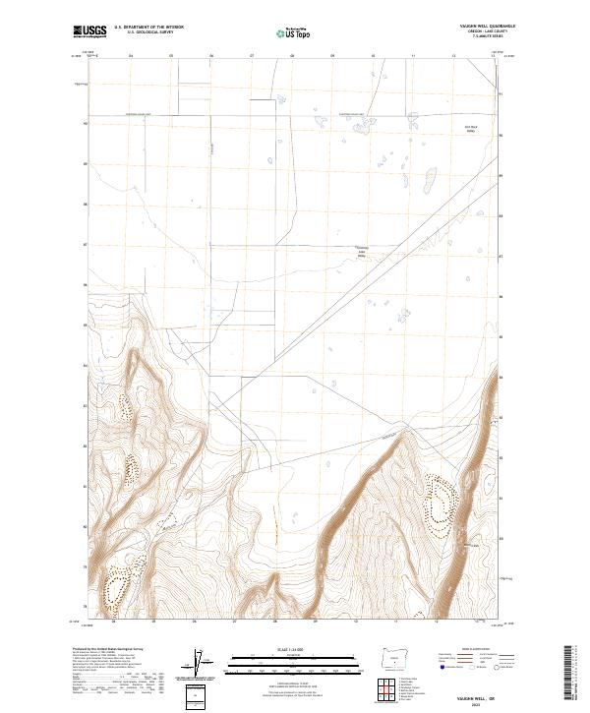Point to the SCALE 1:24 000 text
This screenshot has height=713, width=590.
pos(292,648)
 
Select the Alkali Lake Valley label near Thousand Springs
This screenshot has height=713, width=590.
pos(360,253)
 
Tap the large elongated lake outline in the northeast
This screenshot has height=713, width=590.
pos(430,180)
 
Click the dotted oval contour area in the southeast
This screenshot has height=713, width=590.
pos(438,506)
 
